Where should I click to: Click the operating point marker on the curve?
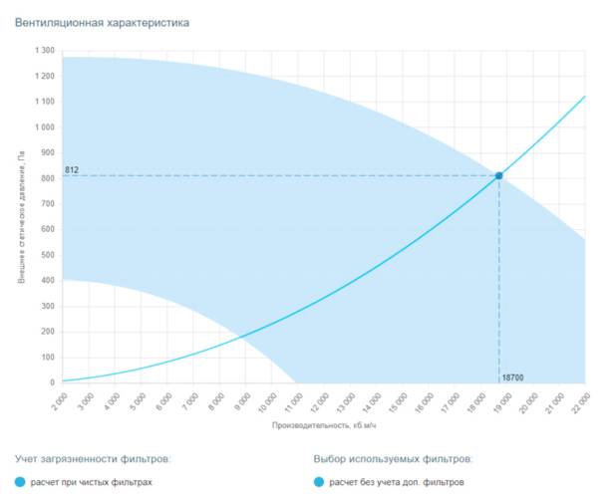click(x=498, y=176)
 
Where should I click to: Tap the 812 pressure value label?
click(x=72, y=170)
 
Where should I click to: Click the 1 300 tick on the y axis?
click(x=44, y=51)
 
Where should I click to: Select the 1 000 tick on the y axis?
click(x=44, y=127)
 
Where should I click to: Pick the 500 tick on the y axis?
click(x=48, y=255)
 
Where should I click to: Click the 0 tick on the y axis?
click(x=52, y=382)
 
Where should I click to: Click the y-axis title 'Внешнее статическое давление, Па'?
click(x=21, y=216)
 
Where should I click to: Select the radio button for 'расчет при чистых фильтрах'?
click(x=21, y=482)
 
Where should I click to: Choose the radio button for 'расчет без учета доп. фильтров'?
click(x=319, y=482)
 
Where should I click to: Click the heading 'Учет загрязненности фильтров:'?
click(x=93, y=459)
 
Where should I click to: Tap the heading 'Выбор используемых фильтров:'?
click(x=393, y=459)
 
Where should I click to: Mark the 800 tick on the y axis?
click(x=48, y=178)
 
